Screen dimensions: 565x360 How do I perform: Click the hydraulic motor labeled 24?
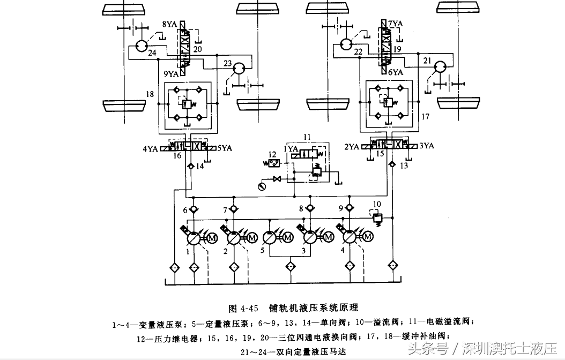[x=141, y=46]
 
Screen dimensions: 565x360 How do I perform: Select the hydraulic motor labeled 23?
[x=239, y=69]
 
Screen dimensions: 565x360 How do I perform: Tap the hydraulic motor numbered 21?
[x=440, y=66]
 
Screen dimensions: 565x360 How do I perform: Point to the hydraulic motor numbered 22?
[x=346, y=44]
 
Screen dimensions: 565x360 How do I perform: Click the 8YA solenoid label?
[x=169, y=25]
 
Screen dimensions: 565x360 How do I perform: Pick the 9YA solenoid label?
[x=172, y=74]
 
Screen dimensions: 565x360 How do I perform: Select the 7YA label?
[x=395, y=24]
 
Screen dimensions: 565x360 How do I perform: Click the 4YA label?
[x=151, y=148]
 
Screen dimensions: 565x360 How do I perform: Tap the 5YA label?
[x=225, y=148]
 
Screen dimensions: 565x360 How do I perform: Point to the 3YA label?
[x=426, y=146]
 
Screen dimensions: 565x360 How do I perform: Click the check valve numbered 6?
[x=194, y=209]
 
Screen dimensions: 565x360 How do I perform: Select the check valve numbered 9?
[x=349, y=208]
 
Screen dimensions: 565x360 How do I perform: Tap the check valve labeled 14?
[x=190, y=166]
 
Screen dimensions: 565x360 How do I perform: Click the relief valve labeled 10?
[x=377, y=217]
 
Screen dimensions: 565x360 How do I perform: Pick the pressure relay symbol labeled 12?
[x=272, y=163]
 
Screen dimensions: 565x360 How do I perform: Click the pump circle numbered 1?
[x=194, y=238]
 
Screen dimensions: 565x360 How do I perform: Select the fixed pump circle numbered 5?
[x=270, y=238]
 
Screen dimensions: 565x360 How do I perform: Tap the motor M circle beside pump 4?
[x=368, y=237]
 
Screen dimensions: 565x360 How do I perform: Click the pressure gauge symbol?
[x=262, y=186]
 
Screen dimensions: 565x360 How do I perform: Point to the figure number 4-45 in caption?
[x=249, y=309]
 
